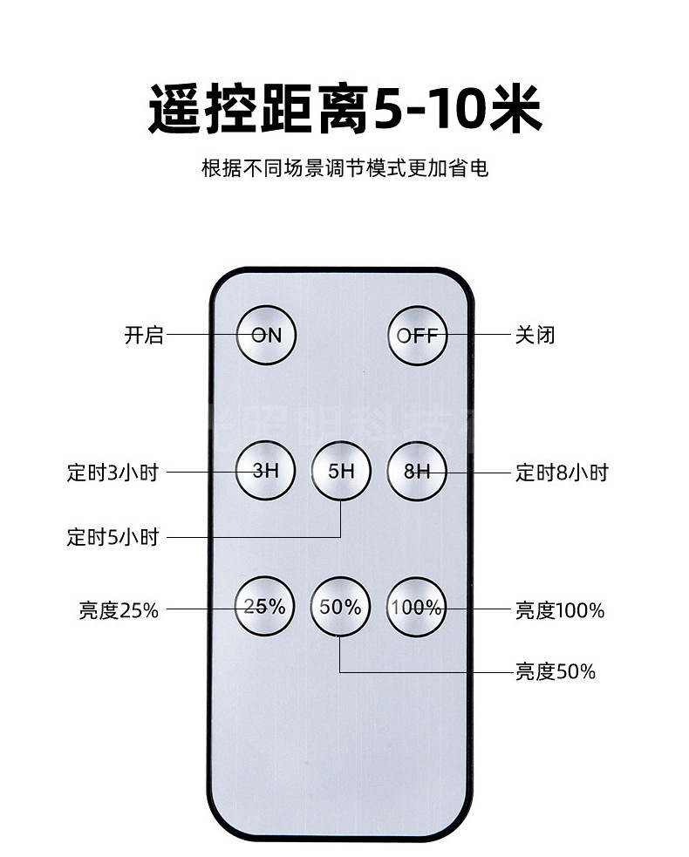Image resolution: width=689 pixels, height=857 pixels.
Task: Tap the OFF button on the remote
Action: (x=418, y=335)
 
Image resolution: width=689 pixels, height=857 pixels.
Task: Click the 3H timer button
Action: (x=265, y=471)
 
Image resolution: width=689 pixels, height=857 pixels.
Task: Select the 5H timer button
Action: (x=341, y=471)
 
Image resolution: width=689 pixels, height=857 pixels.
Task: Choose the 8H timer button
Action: (x=418, y=471)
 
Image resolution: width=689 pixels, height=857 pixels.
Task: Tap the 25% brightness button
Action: (x=265, y=607)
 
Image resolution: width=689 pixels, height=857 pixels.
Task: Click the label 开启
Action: (x=144, y=335)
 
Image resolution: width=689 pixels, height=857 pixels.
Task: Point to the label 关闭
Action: (x=535, y=335)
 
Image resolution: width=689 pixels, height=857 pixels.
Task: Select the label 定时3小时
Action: (x=113, y=473)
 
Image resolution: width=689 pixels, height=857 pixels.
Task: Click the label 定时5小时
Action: (x=113, y=537)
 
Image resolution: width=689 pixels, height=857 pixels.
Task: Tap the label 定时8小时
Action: (x=562, y=473)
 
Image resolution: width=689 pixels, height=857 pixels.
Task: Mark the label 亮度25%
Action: (x=119, y=610)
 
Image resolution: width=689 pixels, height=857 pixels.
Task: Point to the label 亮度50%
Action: (x=555, y=671)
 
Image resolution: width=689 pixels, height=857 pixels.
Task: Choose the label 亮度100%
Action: (x=559, y=610)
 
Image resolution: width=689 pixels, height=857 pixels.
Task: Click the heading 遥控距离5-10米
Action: (x=344, y=109)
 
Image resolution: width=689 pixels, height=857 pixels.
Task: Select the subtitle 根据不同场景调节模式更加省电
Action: (x=344, y=167)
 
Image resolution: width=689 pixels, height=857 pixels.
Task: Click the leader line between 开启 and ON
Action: (x=201, y=335)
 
